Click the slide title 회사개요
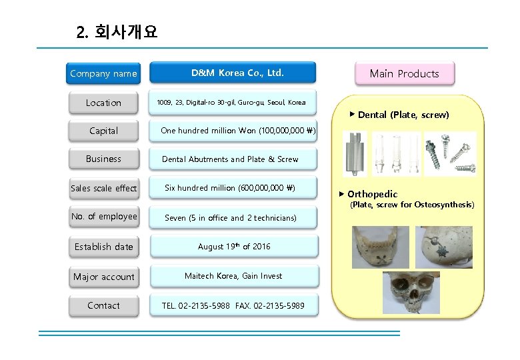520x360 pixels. (x=117, y=32)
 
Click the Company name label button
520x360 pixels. (x=103, y=73)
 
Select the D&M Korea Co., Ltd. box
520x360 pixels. (x=237, y=73)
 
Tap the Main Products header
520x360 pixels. (x=404, y=73)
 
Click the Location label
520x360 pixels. (x=103, y=103)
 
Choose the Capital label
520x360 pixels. (x=103, y=131)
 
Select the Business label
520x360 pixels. (x=103, y=159)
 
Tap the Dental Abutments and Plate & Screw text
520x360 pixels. (x=230, y=159)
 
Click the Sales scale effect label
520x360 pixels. (x=103, y=188)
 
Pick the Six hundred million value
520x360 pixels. (x=230, y=188)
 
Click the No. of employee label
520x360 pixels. (x=103, y=216)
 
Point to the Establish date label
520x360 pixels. (x=103, y=247)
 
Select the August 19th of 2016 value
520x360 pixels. (x=234, y=247)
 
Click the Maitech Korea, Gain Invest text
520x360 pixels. (x=233, y=276)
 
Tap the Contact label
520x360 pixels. (x=103, y=305)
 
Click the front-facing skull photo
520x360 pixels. (x=411, y=293)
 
